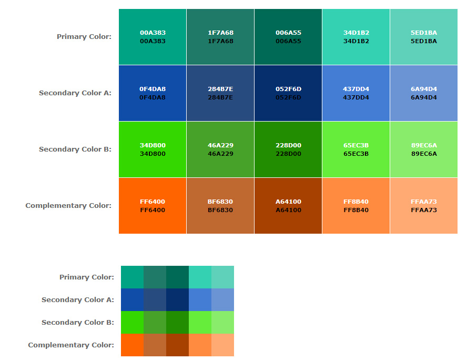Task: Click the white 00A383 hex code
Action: coord(153,33)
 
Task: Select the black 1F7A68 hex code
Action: coord(220,41)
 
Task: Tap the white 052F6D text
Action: coord(288,89)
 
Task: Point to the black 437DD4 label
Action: coord(356,97)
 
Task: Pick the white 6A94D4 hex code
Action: coord(424,89)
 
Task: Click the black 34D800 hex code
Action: coord(153,154)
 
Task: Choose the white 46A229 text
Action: coord(220,145)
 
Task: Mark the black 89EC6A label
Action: coord(424,154)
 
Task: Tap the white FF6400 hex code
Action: coord(153,202)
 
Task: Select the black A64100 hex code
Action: coord(288,210)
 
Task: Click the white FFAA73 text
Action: coord(424,202)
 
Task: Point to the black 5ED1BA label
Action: coord(424,41)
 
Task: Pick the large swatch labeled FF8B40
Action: coord(356,221)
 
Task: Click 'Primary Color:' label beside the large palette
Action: coord(84,37)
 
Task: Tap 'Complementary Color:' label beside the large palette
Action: coord(68,206)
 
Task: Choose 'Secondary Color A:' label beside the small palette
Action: coord(78,300)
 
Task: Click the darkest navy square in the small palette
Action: coord(178,299)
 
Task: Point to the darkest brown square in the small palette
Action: coord(178,345)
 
